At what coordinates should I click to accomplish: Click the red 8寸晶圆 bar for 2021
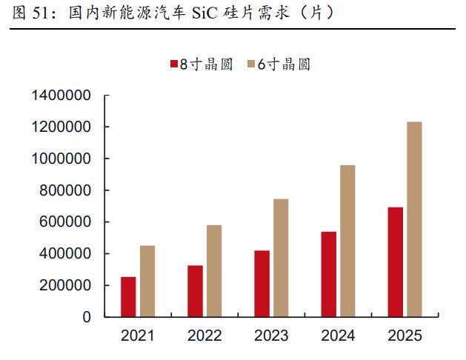[128, 297]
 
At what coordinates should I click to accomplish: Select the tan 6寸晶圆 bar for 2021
[147, 281]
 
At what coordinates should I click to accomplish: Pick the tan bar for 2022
[214, 271]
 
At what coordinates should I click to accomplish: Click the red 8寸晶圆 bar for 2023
[262, 284]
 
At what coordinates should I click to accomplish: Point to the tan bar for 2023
[281, 258]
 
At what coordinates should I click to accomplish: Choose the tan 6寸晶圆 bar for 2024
[347, 241]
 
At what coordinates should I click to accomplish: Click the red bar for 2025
[396, 262]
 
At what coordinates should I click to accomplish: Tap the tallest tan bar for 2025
[415, 219]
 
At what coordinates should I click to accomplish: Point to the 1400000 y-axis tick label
[61, 96]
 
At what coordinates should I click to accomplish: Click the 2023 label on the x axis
[271, 336]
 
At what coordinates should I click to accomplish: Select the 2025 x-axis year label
[405, 336]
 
